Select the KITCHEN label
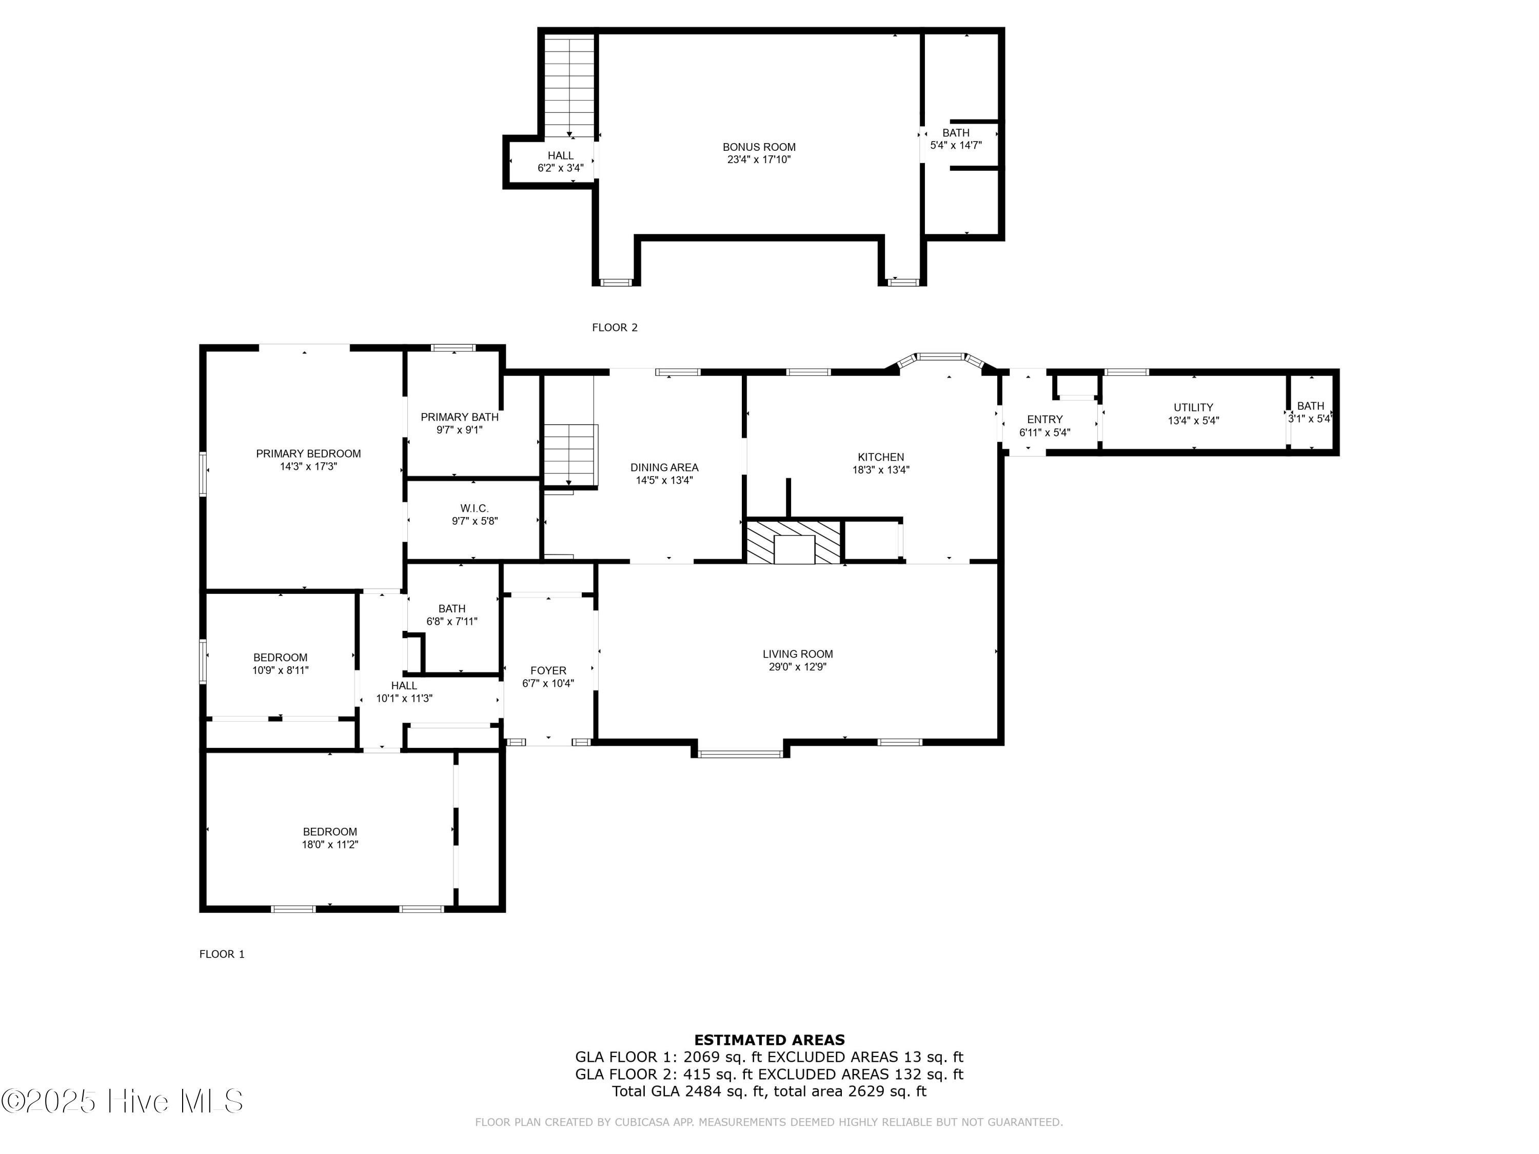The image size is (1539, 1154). [x=881, y=457]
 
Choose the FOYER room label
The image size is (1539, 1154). [x=548, y=670]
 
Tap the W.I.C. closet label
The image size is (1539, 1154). [x=475, y=508]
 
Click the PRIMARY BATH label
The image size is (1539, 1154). [x=459, y=417]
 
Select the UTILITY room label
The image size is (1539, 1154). [x=1193, y=408]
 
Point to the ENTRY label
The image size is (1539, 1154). [x=1044, y=420]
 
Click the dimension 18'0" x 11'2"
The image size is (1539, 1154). [x=330, y=844]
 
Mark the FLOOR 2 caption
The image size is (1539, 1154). [x=615, y=328]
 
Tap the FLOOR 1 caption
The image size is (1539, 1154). [x=222, y=954]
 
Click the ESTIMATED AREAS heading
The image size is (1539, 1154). [x=769, y=1040]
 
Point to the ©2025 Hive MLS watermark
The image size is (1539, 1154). [x=123, y=1101]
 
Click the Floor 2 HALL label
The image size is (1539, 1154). [x=560, y=156]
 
